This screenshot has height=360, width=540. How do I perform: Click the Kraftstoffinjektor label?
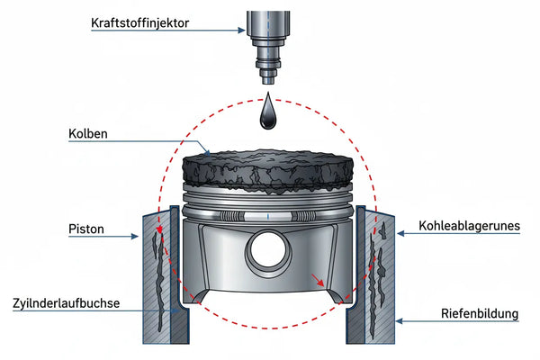tap(139, 23)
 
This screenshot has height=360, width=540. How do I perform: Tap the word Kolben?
tap(88, 134)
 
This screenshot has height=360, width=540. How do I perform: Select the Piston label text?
tap(86, 229)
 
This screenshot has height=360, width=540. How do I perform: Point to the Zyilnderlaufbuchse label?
tap(66, 303)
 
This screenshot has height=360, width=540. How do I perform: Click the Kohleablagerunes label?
tap(469, 226)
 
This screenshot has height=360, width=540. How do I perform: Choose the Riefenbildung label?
tap(480, 314)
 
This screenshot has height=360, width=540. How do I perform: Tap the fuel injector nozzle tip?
tap(268, 80)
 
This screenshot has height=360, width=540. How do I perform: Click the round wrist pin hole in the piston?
tap(268, 250)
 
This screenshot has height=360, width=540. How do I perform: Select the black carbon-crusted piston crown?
tap(268, 170)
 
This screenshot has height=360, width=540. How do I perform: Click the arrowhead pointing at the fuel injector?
tap(242, 31)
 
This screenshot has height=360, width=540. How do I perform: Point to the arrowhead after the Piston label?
tap(135, 237)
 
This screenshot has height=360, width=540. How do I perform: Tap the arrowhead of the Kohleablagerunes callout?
tap(400, 234)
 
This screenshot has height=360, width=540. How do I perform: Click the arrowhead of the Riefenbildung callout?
tap(399, 321)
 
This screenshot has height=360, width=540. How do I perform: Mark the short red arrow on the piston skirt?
tap(318, 280)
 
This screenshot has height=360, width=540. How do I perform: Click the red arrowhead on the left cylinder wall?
tap(159, 229)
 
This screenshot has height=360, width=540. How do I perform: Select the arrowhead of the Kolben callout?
tap(207, 153)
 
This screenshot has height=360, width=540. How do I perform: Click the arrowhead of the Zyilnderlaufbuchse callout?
tap(175, 310)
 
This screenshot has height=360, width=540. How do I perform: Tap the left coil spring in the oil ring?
tap(230, 216)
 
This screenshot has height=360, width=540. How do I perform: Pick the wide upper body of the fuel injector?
tap(268, 25)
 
